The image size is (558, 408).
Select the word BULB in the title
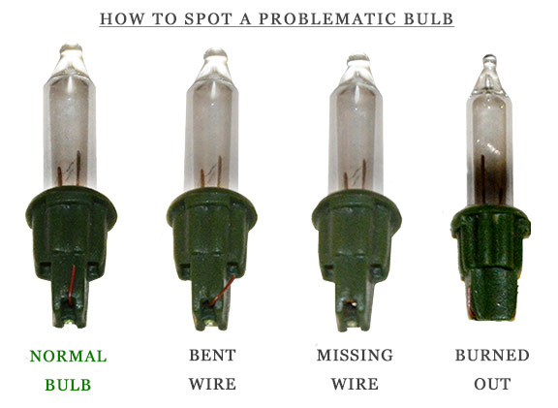click(428, 19)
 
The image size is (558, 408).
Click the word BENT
click(212, 356)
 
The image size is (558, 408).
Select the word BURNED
click(492, 356)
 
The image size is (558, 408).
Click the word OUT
click(492, 385)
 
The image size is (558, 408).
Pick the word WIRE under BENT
click(212, 385)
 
